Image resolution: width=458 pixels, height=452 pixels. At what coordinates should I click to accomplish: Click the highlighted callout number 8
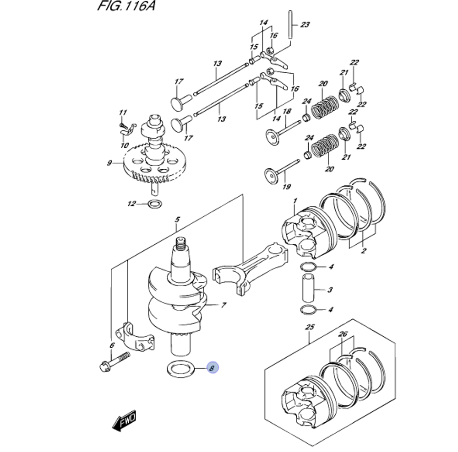[x=213, y=368]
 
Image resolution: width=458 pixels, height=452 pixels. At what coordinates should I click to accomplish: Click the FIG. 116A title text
[x=126, y=6]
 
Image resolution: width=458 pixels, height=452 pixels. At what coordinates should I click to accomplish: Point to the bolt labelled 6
[x=114, y=361]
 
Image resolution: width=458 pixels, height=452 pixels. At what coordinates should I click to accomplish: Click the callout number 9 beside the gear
[x=109, y=163]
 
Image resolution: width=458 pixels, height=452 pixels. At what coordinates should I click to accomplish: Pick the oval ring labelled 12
[x=154, y=204]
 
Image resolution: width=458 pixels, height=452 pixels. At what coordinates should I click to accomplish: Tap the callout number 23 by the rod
[x=305, y=25]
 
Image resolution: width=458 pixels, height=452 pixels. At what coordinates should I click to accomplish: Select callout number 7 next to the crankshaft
[x=224, y=305]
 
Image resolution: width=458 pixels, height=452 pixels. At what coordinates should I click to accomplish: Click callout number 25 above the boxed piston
[x=310, y=327]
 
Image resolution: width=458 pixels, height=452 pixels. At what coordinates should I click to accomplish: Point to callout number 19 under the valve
[x=287, y=187]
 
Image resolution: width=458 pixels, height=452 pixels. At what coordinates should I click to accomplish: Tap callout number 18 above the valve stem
[x=287, y=111]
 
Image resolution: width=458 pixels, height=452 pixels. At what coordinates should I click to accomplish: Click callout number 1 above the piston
[x=295, y=201]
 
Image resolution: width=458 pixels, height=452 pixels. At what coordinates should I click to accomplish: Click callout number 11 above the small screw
[x=123, y=113]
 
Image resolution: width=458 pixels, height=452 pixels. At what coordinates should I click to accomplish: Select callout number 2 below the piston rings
[x=363, y=251]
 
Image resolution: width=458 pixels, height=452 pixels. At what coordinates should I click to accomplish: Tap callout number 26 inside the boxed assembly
[x=343, y=334]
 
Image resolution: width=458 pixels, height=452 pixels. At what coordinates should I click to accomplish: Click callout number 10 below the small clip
[x=125, y=145]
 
